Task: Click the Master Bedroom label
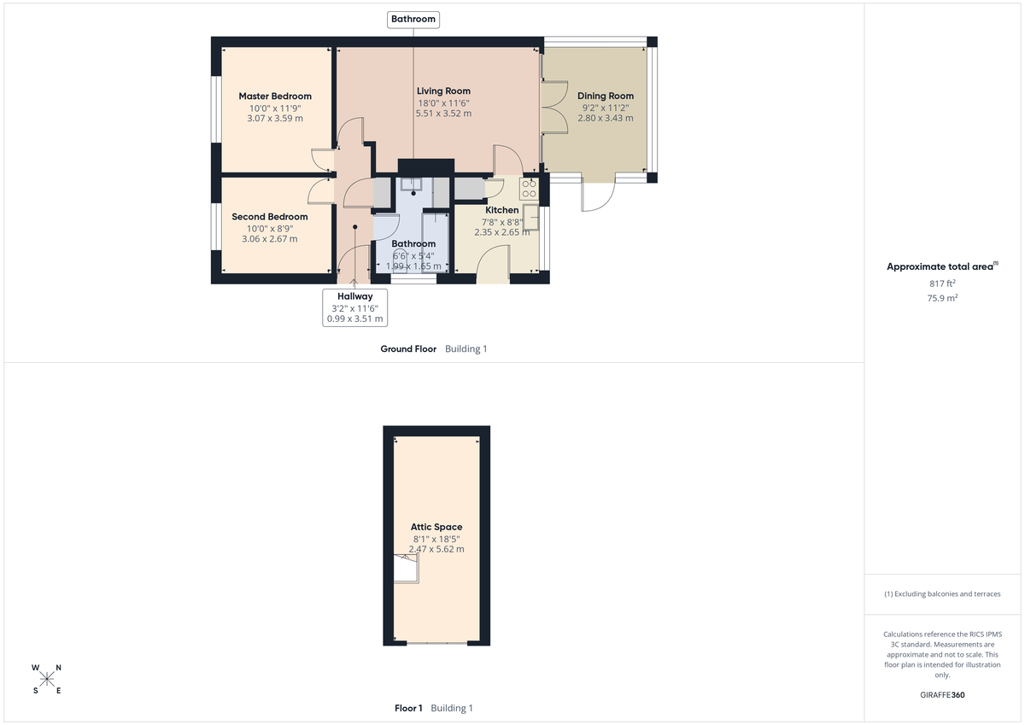tap(275, 96)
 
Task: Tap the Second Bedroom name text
tap(270, 217)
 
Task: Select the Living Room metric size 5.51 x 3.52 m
tap(443, 114)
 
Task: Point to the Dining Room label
tap(606, 96)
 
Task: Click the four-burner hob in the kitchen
tap(529, 188)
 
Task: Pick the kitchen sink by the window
tap(531, 218)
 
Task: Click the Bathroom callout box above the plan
tap(413, 19)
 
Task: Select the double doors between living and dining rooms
tap(553, 107)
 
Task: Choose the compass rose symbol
tap(47, 679)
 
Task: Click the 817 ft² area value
tap(943, 284)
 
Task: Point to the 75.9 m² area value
tap(943, 298)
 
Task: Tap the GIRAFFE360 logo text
tap(943, 695)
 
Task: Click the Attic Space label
tap(436, 527)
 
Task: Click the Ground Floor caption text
tap(408, 349)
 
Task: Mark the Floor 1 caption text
tap(408, 708)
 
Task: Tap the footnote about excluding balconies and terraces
tap(943, 593)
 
